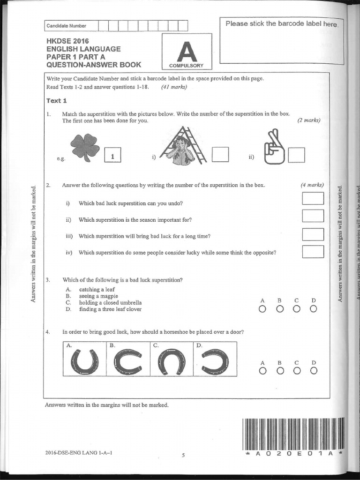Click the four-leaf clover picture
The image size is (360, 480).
85,147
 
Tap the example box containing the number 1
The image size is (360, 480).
112,155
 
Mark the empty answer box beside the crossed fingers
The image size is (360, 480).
296,155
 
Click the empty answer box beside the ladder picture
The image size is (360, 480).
220,155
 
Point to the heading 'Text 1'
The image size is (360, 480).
57,101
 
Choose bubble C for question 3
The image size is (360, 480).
296,308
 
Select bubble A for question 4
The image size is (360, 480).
262,371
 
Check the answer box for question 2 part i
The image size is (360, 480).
313,199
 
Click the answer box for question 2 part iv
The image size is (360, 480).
313,252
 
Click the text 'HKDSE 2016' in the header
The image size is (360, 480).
67,41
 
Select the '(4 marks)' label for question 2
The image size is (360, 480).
312,185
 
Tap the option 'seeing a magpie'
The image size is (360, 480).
98,296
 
